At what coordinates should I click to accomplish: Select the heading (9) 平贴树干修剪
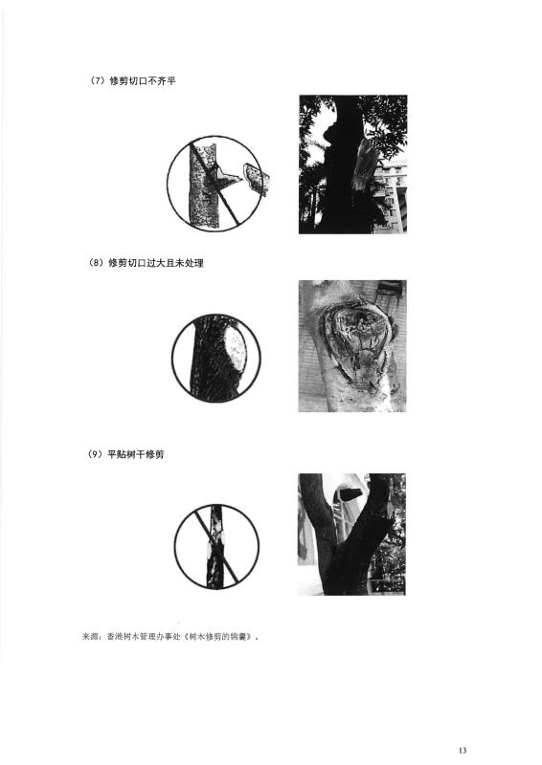pos(126,454)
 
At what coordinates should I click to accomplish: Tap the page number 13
pos(463,750)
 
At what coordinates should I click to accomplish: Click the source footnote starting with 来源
pos(169,637)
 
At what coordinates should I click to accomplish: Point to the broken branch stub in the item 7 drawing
pos(256,179)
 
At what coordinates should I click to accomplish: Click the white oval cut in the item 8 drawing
pos(236,347)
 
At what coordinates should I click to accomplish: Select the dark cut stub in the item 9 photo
pos(350,494)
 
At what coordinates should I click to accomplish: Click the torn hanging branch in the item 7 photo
pos(365,164)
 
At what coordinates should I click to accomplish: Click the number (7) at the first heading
pos(98,81)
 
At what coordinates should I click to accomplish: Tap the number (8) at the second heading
pos(97,263)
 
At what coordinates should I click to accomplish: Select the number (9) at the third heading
pos(97,454)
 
